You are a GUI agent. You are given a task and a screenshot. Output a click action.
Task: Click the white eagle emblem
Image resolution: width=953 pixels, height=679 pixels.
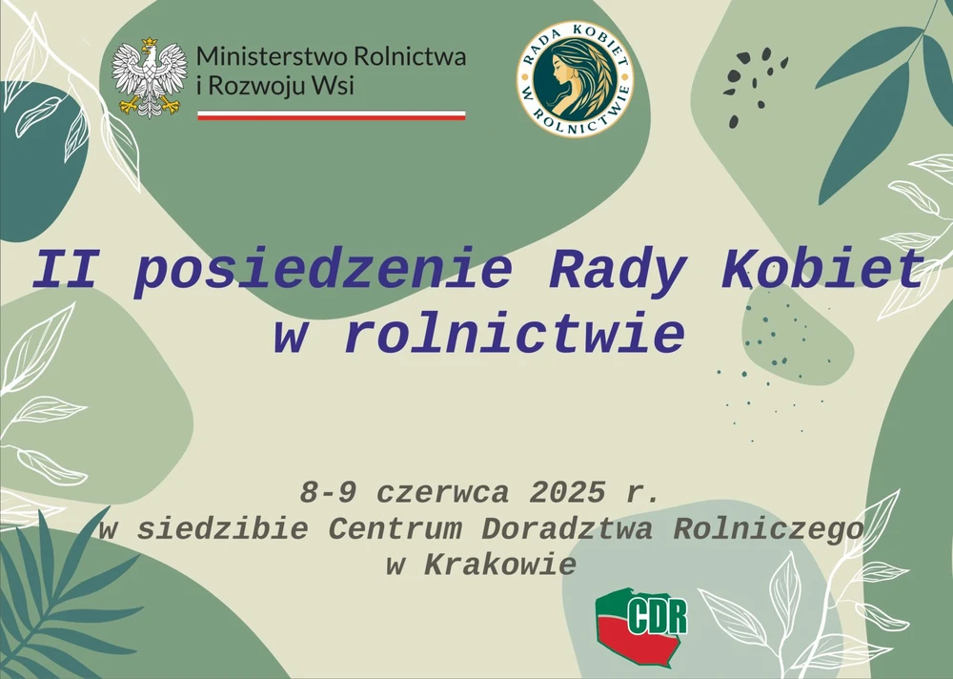150,78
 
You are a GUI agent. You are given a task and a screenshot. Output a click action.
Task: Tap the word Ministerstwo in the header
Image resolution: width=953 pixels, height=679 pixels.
273,56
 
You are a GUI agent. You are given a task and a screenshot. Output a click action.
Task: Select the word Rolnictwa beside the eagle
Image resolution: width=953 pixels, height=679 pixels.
410,56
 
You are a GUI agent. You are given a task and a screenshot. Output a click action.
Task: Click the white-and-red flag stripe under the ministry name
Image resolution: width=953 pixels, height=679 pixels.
332,115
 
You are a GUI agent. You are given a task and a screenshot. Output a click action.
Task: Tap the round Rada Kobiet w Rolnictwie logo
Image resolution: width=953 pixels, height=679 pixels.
575,78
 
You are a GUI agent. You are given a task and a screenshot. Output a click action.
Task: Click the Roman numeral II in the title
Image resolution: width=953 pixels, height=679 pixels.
65,270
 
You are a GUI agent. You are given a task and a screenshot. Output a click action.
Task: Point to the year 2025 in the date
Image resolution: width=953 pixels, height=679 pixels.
567,492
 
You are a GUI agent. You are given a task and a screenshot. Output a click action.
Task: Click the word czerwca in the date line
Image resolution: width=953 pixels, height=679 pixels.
442,493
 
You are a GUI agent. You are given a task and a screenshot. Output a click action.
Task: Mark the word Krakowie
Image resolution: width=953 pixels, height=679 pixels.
499,566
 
